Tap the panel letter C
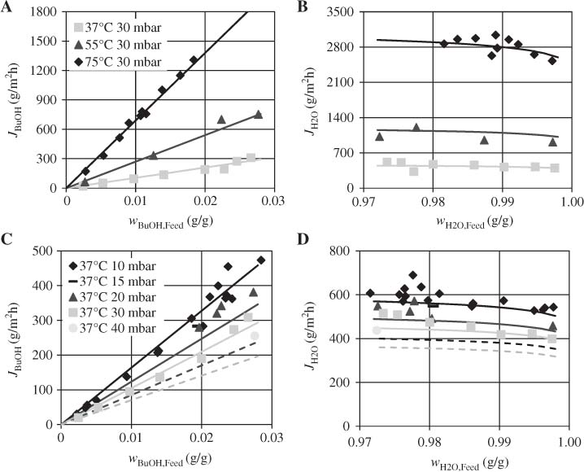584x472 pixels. point(7,239)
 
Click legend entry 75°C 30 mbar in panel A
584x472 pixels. point(123,61)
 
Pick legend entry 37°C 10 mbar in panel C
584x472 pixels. point(123,266)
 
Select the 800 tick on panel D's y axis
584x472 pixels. point(346,249)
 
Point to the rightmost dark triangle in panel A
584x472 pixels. point(258,115)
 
